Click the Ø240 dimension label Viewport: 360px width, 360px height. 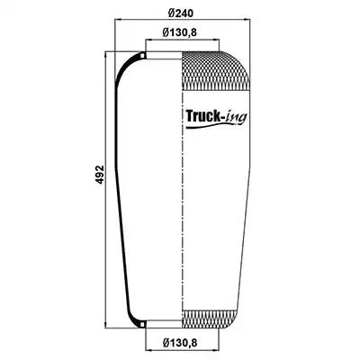[x=181, y=13]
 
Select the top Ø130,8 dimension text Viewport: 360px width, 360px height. [x=180, y=32]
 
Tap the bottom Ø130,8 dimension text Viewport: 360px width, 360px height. [x=180, y=343]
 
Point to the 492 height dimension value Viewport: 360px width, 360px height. [x=100, y=175]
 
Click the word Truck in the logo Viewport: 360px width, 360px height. [x=202, y=116]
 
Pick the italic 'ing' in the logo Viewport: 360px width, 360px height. [x=237, y=117]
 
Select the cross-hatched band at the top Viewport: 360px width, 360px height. [x=216, y=71]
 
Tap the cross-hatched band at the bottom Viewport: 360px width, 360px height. [x=209, y=319]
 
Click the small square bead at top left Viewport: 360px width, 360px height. [x=143, y=56]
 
